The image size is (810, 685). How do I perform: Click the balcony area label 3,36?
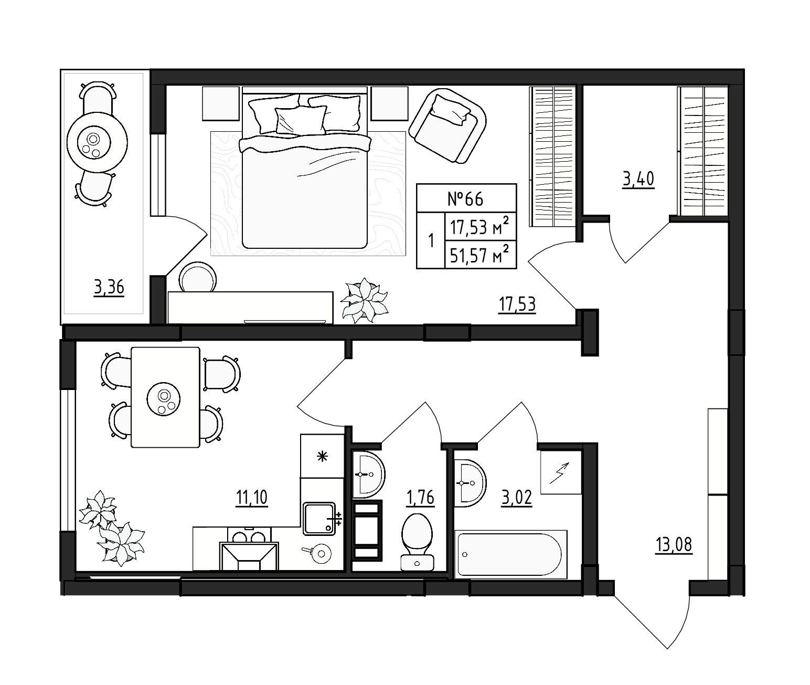tap(109, 288)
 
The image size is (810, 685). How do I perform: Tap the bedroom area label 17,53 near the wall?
tap(517, 304)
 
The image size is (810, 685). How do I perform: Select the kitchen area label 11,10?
tap(252, 498)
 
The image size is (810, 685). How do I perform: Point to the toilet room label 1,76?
tap(421, 498)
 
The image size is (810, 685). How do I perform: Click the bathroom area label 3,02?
tap(517, 498)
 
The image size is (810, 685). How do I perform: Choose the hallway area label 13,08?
tap(674, 545)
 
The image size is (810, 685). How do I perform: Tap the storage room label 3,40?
tap(638, 179)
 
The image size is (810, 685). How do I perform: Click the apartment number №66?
tap(465, 199)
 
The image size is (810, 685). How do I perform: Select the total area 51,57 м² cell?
tap(479, 255)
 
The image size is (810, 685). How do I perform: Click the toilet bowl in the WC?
tap(417, 542)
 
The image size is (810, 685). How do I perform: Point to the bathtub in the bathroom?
tap(510, 554)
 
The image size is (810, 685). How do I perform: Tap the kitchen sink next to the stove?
tap(319, 519)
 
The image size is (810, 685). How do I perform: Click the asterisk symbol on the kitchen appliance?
tap(322, 456)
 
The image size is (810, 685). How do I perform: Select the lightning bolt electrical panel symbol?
tap(561, 472)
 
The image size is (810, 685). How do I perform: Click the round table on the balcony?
tap(97, 142)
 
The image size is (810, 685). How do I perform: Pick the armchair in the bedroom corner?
tap(447, 125)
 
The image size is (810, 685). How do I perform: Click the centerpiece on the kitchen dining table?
tap(164, 399)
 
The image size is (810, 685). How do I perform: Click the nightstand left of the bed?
tap(221, 103)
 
